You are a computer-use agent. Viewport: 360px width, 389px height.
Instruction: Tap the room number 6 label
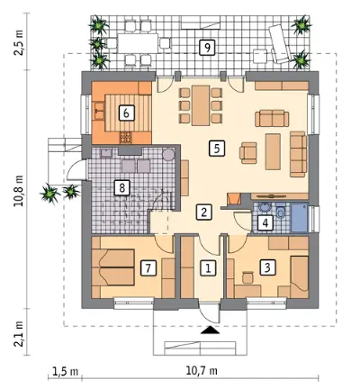tap(126, 113)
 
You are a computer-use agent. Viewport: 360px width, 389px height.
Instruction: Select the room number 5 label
tap(217, 149)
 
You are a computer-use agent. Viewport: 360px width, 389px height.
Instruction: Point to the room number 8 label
tap(121, 188)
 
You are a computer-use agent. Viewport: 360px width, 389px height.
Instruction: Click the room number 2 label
tap(204, 213)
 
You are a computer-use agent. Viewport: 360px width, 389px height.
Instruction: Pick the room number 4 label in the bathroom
tap(265, 223)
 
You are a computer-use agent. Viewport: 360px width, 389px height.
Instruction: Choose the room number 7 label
tap(148, 268)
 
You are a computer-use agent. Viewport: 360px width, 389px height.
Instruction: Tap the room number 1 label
tap(208, 268)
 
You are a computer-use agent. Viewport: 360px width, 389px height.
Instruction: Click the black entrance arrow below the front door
tap(210, 330)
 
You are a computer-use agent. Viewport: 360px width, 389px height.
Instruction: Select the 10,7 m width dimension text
tap(202, 371)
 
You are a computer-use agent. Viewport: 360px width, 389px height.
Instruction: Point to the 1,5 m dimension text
tap(65, 372)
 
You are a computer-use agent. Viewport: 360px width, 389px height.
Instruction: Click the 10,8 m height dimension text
tap(21, 191)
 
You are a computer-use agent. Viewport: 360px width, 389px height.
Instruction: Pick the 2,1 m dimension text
tap(19, 334)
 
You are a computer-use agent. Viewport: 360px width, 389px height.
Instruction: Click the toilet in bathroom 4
tap(281, 211)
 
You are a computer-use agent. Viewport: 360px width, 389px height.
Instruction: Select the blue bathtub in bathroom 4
tap(300, 218)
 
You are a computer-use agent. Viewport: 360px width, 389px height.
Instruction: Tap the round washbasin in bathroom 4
tap(264, 208)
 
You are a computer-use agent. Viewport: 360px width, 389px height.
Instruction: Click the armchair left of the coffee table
tap(248, 153)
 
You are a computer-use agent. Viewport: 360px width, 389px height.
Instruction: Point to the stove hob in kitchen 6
tap(126, 137)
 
